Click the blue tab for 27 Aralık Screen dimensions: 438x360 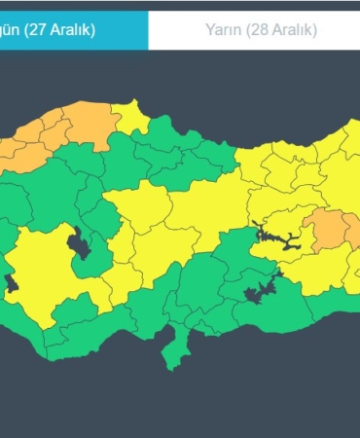(73, 30)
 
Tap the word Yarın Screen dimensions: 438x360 (222, 30)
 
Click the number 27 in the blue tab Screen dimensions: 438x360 (39, 30)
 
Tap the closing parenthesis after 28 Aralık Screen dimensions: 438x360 (315, 30)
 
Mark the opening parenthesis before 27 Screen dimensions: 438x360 (26, 30)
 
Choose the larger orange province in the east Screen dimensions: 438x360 (326, 230)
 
